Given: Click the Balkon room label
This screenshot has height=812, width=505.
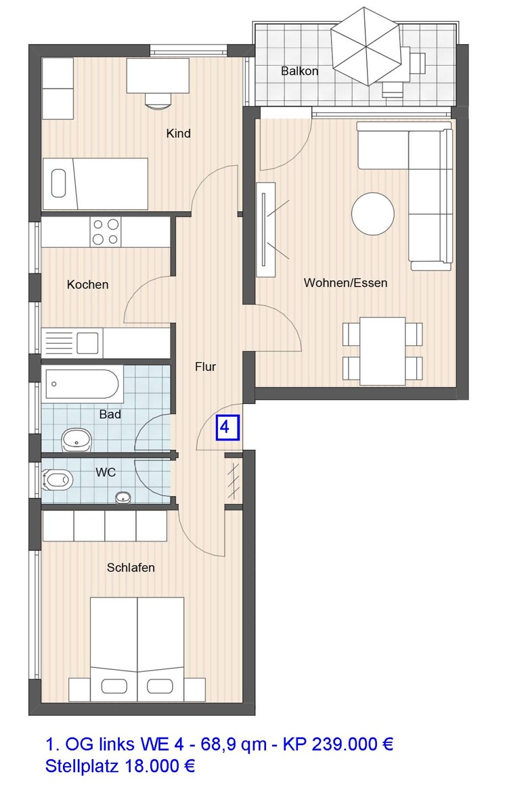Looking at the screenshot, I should [299, 71].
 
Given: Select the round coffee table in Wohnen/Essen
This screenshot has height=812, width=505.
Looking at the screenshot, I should [372, 215].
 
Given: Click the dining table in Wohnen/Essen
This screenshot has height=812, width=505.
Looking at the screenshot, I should [383, 351].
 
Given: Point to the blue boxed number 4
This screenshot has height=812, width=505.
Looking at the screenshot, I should [226, 428].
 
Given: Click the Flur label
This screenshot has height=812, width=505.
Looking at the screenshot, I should [205, 367].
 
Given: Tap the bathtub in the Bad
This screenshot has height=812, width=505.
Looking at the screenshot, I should [82, 384].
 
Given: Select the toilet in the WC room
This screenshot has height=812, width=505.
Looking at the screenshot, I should [58, 480].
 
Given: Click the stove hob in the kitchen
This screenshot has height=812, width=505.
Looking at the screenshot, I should [106, 232].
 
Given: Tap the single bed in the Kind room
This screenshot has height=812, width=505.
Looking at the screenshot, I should [95, 183].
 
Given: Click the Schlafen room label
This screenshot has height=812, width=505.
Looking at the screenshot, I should [131, 568].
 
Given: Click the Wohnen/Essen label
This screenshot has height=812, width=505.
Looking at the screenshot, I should [345, 283].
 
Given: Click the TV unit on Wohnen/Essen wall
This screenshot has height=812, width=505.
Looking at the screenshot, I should [267, 229].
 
